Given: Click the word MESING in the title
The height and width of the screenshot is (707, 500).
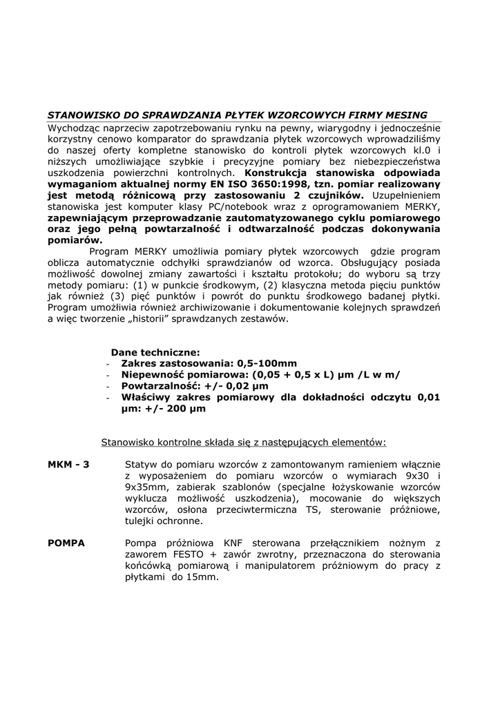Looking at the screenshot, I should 405,115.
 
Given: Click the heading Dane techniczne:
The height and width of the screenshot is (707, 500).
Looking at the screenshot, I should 155,352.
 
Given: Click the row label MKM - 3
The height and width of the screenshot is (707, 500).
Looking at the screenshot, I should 68,465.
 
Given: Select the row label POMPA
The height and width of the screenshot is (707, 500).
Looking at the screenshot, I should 66,543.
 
